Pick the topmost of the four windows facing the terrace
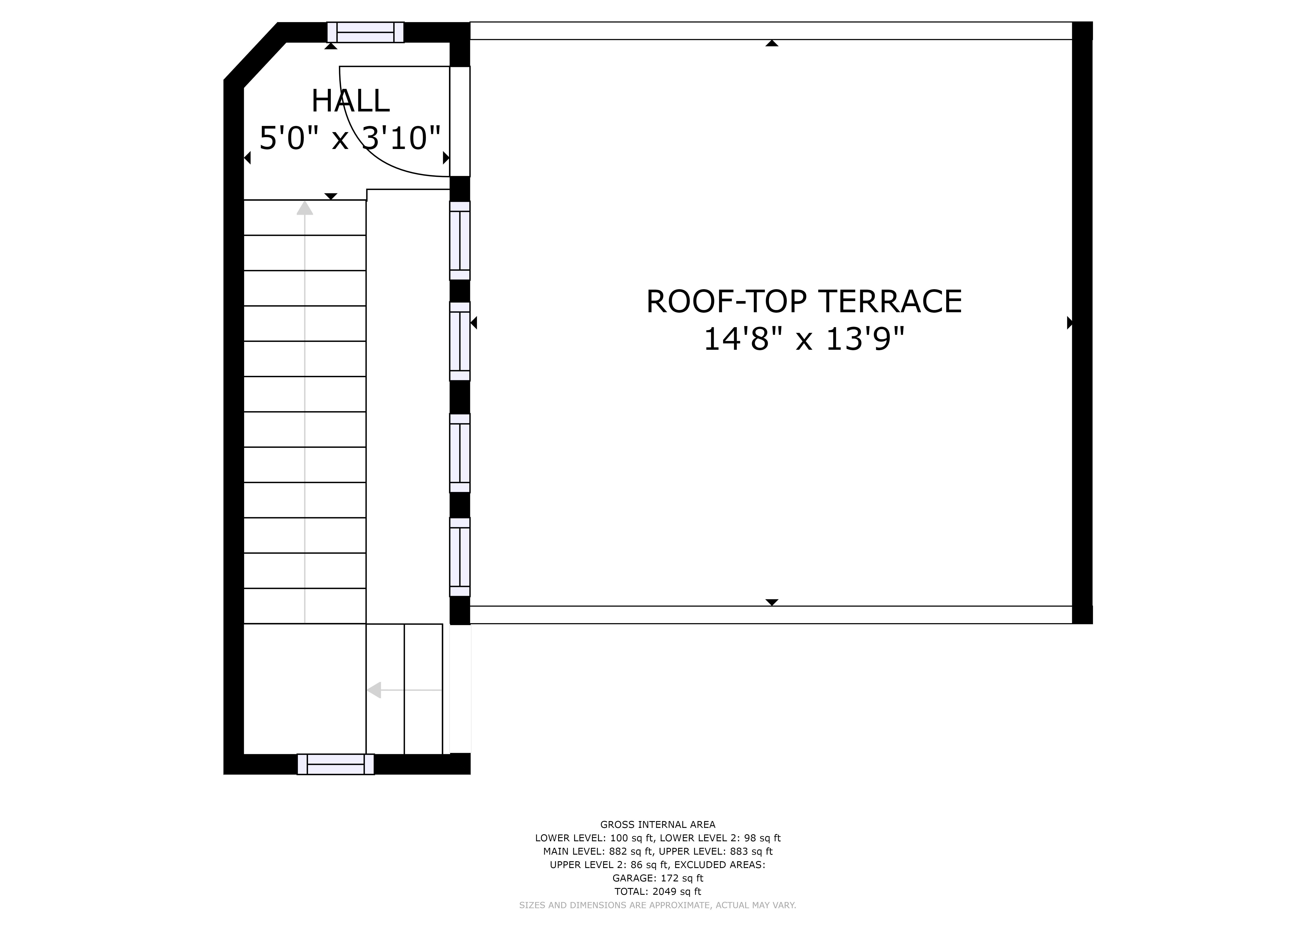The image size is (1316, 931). click(460, 241)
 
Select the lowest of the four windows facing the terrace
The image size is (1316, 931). click(460, 557)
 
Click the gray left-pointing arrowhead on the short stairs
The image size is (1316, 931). click(374, 690)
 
